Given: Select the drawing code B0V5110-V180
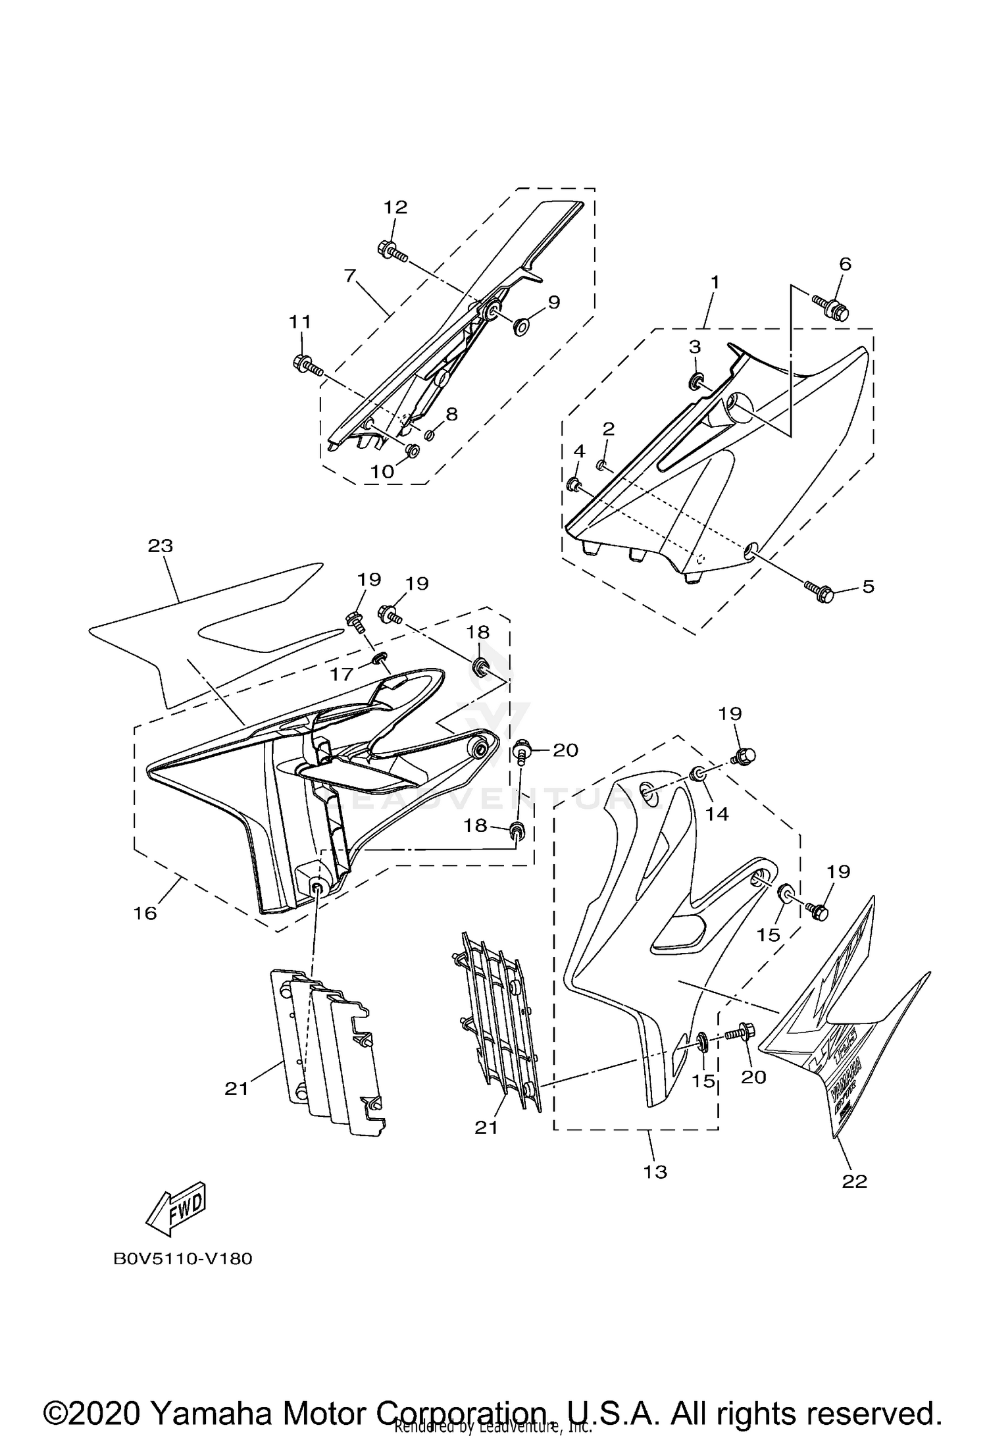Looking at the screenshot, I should (x=182, y=1259).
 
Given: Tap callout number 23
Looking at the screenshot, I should (x=161, y=546).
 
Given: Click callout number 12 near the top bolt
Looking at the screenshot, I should (x=395, y=207).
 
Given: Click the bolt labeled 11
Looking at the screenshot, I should (x=305, y=363).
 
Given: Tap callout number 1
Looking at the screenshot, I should (x=715, y=282).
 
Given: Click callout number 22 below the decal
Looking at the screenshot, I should (x=855, y=1181).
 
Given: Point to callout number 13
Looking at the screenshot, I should (x=656, y=1171).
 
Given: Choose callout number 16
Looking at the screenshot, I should (x=145, y=913).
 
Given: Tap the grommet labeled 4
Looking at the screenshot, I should (x=574, y=486).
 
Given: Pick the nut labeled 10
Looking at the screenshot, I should (x=413, y=451).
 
